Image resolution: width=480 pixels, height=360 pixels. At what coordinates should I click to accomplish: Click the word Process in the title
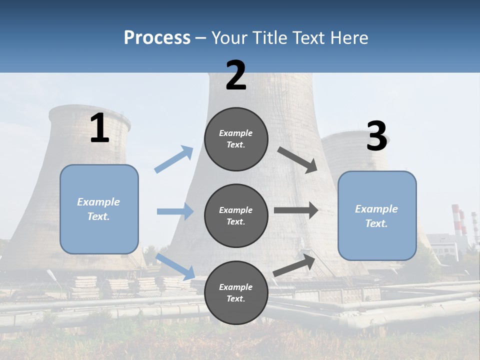[x=157, y=37]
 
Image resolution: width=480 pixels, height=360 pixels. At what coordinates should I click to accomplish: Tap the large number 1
[x=99, y=128]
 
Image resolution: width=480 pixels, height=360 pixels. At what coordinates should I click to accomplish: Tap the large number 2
[x=236, y=75]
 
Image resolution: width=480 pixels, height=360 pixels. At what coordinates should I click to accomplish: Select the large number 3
[x=376, y=136]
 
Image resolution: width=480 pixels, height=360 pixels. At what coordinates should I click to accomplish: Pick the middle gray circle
[x=236, y=215]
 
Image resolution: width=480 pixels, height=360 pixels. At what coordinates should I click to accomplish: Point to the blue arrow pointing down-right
[x=175, y=266]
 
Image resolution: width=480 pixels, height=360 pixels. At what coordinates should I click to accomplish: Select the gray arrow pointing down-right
[x=297, y=160]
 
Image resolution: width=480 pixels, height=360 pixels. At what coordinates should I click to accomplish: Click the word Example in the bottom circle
[x=235, y=287]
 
